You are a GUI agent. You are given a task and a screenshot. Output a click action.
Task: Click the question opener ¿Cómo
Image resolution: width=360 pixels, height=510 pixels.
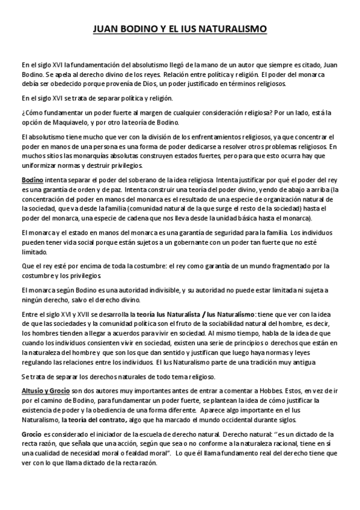[30, 112]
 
